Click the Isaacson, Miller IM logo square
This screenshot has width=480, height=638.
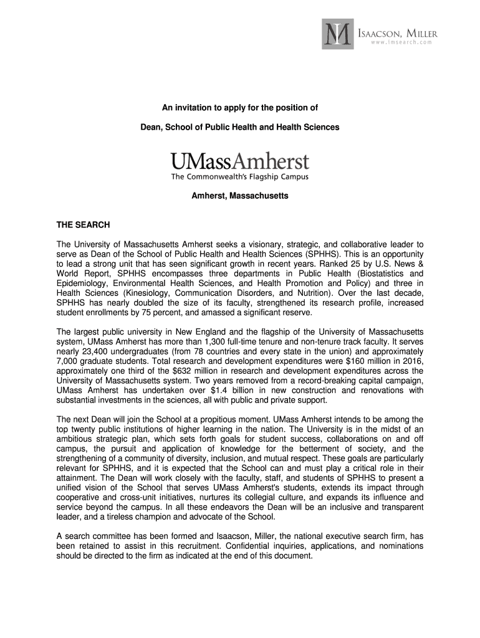(x=337, y=34)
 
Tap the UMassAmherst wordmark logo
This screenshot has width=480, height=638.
(x=240, y=161)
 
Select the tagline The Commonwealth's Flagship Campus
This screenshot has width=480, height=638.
(x=240, y=177)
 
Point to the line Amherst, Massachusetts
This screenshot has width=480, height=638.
(x=240, y=196)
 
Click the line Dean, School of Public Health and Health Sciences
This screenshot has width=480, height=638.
(x=240, y=127)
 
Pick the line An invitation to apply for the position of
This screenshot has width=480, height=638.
(x=240, y=108)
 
